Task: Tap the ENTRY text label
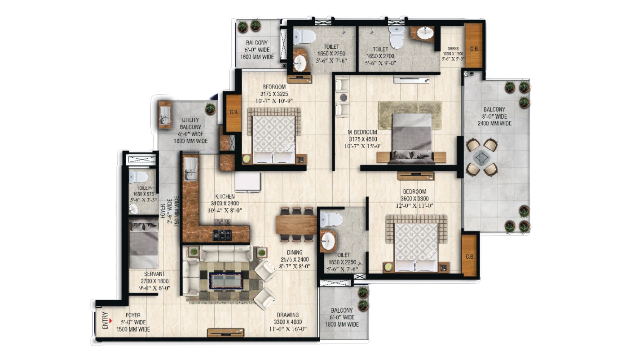tap(105, 320)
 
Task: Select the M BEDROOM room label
tap(363, 132)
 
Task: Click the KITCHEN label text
tap(225, 196)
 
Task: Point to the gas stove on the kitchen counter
tap(222, 235)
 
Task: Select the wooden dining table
tap(296, 224)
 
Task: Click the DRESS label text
tap(453, 49)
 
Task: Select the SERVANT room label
tap(154, 274)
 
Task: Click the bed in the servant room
tap(144, 243)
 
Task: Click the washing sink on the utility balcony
tap(165, 114)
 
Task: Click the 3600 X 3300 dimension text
tap(414, 199)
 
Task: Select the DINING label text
tap(294, 252)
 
